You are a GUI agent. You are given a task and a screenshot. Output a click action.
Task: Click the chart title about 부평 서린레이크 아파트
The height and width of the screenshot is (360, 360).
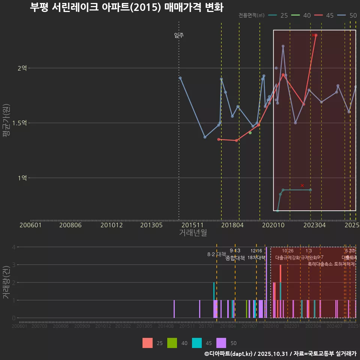tap(126, 7)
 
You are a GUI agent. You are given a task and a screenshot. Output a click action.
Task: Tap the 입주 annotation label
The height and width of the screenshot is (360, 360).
tap(179, 36)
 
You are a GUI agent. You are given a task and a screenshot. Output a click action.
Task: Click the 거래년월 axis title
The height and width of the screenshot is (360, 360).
tap(193, 233)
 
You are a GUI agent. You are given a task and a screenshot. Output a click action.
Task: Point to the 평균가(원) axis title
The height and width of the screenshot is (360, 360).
tap(6, 123)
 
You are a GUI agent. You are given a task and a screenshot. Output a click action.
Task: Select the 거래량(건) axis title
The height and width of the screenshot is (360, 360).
tap(6, 282)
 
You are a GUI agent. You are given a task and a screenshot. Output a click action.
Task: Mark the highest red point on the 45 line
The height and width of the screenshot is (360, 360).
tap(316, 35)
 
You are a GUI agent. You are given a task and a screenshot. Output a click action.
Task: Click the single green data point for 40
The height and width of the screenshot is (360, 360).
tap(250, 133)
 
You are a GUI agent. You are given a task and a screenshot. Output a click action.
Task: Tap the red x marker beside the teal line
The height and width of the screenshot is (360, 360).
tap(302, 185)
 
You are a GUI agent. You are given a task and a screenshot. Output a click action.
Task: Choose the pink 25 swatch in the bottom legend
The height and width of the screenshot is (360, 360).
tap(147, 343)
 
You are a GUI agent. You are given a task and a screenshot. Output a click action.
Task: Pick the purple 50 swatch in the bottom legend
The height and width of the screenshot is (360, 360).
tap(222, 343)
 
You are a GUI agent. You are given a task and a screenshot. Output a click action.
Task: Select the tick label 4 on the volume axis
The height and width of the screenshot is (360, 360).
tap(13, 247)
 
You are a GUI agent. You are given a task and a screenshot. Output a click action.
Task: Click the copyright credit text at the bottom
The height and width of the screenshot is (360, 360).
tap(280, 353)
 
